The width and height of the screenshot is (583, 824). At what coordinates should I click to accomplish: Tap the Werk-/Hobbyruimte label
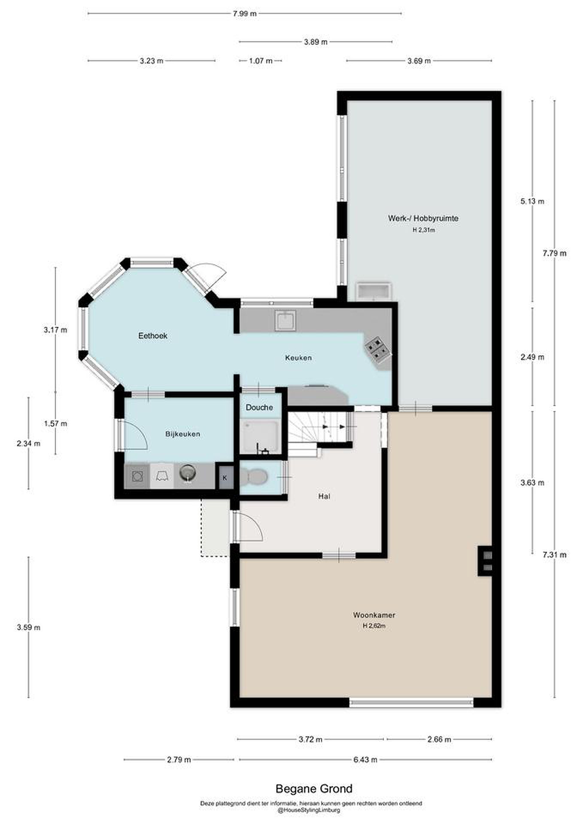point(423,218)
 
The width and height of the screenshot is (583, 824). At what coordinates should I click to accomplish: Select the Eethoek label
point(153,336)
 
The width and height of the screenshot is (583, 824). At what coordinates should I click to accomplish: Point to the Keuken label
point(298,358)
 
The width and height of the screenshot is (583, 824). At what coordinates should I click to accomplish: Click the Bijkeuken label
point(183,434)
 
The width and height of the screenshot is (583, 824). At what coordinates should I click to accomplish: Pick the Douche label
point(259,408)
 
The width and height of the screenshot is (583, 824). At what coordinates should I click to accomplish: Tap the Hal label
point(324,496)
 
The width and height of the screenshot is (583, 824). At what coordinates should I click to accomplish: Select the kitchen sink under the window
point(285,320)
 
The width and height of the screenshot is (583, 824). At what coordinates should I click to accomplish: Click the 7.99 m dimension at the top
point(245,14)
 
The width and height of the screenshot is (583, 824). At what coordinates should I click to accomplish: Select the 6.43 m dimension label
point(365,759)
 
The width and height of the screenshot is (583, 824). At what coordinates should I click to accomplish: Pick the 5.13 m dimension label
point(532,201)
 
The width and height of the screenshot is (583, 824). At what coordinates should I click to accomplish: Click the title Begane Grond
point(314,789)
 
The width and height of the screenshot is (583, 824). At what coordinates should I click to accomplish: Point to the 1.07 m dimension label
point(261,61)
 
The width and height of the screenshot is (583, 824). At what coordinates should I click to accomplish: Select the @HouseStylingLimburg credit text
point(309,810)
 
